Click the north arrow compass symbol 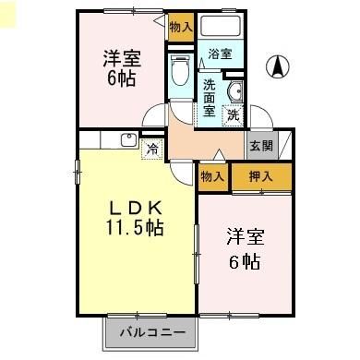276,66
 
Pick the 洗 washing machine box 234,114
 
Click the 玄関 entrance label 259,145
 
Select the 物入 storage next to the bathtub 180,27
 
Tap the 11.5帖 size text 133,228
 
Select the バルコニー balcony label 150,330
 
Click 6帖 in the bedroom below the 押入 244,261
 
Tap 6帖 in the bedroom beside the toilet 120,78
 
